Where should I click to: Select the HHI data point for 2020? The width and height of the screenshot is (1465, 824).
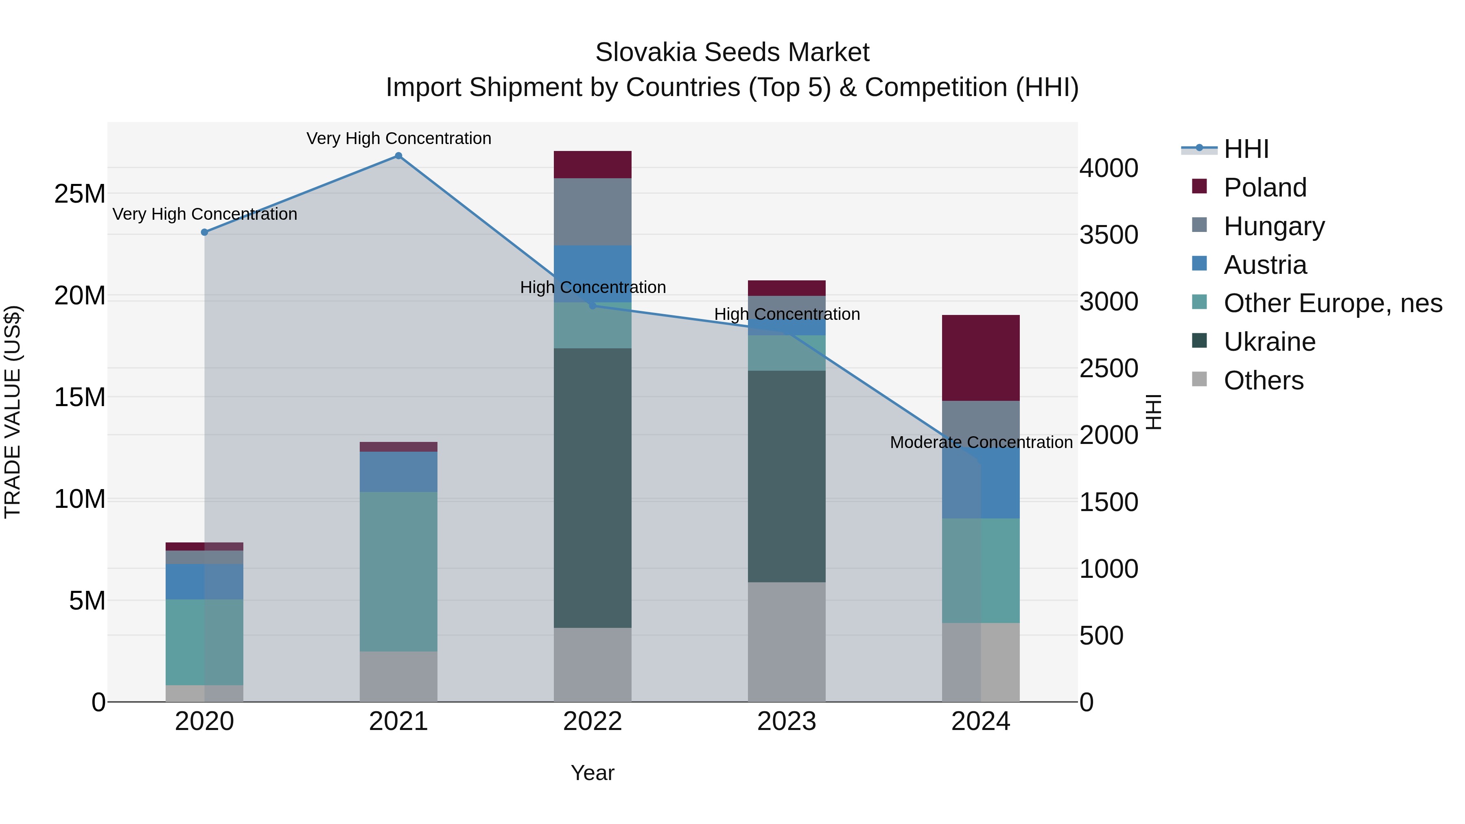coord(205,232)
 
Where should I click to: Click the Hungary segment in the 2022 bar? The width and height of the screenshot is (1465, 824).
coord(593,212)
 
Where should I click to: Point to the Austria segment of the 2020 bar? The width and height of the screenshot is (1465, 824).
coord(205,581)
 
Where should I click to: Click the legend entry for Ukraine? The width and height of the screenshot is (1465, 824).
coord(1269,342)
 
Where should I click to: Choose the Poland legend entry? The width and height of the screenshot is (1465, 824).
coord(1265,188)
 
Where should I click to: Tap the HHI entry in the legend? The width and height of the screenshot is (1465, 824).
coord(1246,149)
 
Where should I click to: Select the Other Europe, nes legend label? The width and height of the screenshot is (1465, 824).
coord(1332,303)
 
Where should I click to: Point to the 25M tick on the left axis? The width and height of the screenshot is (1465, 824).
coord(80,194)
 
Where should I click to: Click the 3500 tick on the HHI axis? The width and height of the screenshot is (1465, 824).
coord(1109,235)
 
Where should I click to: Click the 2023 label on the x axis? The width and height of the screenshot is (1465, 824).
coord(787,721)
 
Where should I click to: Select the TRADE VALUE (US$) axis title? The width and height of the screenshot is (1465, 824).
coord(13,412)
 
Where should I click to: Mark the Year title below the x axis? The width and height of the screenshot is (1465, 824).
coord(593,773)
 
